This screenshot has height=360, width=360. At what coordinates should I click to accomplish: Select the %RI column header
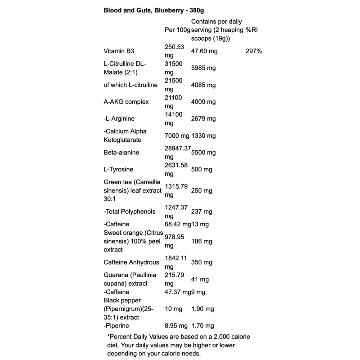tap(253, 30)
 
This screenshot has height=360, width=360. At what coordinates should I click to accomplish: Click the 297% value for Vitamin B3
tap(254, 51)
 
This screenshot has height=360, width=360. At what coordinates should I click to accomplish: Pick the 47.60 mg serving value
tap(204, 51)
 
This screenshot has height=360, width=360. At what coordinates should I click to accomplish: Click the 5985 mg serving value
tap(203, 68)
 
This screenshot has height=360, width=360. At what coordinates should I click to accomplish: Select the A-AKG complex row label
tap(126, 102)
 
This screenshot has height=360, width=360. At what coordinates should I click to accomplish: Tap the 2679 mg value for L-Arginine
tap(203, 119)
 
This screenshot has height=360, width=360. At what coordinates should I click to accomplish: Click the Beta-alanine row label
tap(121, 153)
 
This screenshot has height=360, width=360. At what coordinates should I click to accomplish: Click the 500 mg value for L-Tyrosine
tap(202, 170)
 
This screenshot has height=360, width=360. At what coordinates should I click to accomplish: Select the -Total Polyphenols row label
tap(130, 211)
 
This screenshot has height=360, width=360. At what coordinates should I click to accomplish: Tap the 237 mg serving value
tap(202, 211)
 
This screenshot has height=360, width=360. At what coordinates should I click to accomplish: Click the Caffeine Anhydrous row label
tap(131, 262)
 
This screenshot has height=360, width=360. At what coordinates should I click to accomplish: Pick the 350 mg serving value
tap(202, 262)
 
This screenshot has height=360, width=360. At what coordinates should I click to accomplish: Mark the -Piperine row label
tap(116, 326)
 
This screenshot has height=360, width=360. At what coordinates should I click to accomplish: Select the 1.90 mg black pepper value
tap(202, 309)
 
